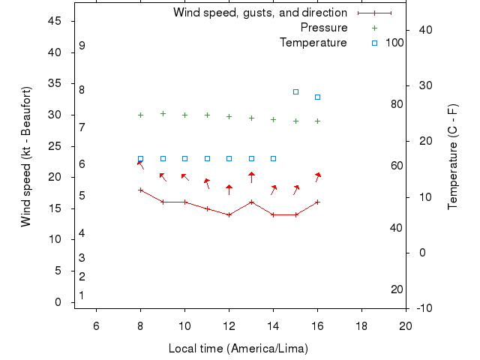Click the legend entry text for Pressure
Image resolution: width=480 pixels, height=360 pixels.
(324, 28)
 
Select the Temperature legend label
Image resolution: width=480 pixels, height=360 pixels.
(313, 43)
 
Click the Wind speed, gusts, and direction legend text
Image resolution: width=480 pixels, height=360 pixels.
(260, 13)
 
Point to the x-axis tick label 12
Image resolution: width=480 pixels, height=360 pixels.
(229, 325)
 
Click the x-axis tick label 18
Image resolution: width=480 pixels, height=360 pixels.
(361, 325)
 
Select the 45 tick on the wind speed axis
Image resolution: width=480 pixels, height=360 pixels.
(55, 21)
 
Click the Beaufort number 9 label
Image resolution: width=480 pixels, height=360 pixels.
(82, 46)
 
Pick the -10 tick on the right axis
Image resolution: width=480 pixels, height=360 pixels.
(423, 308)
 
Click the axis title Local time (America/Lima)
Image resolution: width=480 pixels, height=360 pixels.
(238, 349)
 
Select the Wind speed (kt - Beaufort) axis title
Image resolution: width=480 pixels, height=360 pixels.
(26, 157)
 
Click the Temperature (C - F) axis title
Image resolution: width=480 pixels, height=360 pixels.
(452, 157)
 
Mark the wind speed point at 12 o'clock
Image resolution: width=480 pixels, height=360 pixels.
(229, 214)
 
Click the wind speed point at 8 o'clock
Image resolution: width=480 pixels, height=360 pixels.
(140, 190)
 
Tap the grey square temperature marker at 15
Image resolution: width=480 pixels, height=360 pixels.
(295, 91)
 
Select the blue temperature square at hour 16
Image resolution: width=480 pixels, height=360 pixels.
(317, 97)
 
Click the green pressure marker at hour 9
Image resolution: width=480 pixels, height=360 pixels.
(163, 113)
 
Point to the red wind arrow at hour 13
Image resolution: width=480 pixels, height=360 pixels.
(251, 177)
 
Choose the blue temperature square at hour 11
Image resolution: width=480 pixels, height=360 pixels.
(207, 158)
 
